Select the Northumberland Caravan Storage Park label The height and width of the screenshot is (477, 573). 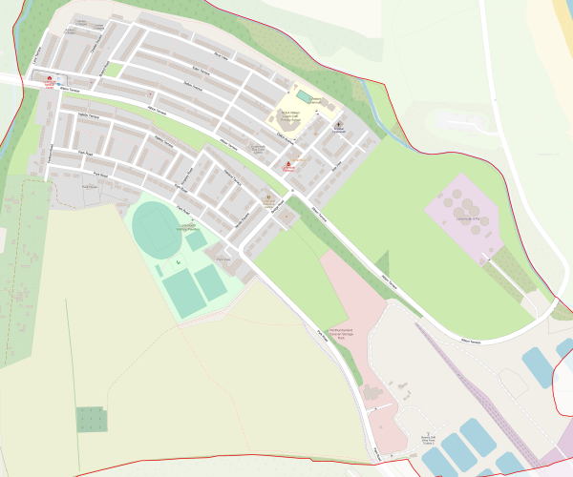click(x=342, y=333)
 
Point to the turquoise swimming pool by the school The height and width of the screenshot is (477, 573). click(x=304, y=96)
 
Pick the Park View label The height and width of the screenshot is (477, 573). click(x=223, y=259)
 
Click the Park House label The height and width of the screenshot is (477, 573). click(x=91, y=187)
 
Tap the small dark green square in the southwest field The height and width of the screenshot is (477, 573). click(x=91, y=419)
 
